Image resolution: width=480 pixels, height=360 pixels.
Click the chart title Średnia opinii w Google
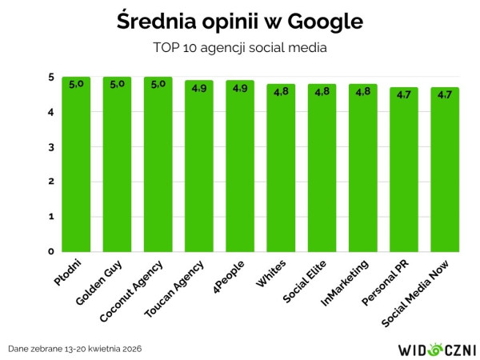click(x=240, y=21)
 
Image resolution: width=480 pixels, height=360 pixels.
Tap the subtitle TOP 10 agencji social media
click(x=240, y=47)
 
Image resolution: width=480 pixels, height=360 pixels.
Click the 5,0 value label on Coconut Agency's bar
click(x=158, y=84)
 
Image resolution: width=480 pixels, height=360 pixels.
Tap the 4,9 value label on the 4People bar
click(x=240, y=87)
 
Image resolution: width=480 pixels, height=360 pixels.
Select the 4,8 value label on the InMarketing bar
click(x=363, y=91)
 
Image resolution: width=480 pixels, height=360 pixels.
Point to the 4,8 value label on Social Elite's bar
click(x=322, y=91)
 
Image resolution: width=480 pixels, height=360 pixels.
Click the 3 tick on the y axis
click(x=50, y=147)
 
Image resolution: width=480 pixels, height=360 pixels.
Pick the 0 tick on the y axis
click(x=50, y=251)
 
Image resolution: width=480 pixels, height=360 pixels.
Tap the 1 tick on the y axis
click(x=50, y=217)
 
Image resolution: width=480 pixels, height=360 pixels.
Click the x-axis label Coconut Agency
click(x=132, y=290)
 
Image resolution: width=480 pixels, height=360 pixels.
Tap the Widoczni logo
click(x=436, y=349)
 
